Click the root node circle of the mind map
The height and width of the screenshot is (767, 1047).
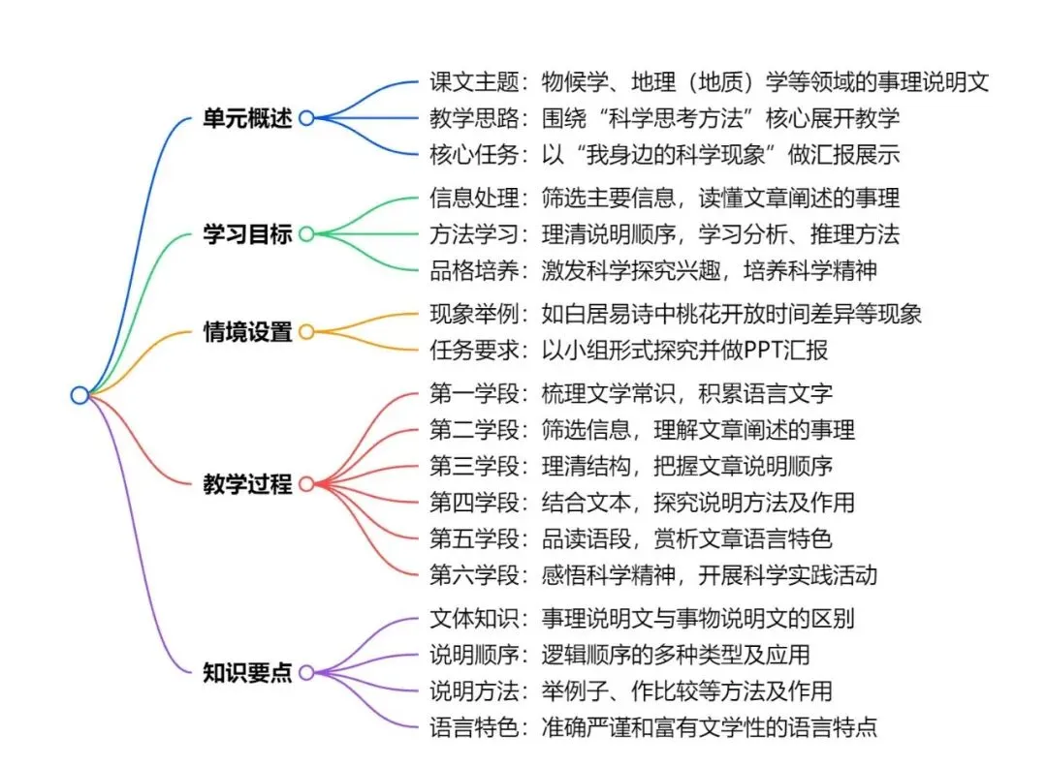pos(79,394)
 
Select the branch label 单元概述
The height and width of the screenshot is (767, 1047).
pos(247,119)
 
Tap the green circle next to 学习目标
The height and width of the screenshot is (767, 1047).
pos(306,233)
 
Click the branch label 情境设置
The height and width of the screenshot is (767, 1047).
pos(247,332)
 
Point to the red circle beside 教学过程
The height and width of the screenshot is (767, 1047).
pos(306,483)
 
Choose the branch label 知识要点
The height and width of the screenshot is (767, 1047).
pos(247,672)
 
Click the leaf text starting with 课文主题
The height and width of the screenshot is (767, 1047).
pos(709,82)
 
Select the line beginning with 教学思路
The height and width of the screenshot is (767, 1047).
pos(664,118)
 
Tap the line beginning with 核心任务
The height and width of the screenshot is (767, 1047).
pos(664,155)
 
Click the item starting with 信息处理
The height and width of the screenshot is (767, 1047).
pos(664,198)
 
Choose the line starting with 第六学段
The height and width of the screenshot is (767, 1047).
pos(652,574)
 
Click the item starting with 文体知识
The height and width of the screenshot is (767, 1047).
pos(642,617)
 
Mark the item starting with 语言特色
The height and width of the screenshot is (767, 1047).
pos(652,726)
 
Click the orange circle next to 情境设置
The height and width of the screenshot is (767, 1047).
pos(306,332)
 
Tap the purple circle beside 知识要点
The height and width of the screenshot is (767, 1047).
pos(306,672)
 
